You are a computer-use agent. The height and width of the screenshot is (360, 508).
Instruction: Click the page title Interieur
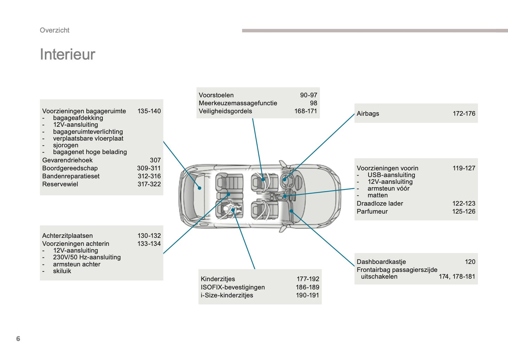point(67,54)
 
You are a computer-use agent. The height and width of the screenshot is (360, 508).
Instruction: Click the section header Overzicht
point(54,30)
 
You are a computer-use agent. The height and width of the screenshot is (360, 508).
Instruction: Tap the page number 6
point(18,339)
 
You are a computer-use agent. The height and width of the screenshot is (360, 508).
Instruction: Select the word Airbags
point(368,113)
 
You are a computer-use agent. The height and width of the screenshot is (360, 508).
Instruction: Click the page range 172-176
point(464,113)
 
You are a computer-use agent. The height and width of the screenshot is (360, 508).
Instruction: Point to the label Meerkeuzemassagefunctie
point(238,103)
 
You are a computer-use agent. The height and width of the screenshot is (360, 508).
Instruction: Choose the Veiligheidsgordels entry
point(225,111)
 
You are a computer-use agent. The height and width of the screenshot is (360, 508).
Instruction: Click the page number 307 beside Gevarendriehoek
point(155,160)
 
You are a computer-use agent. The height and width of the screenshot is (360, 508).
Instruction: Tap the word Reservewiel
point(60,184)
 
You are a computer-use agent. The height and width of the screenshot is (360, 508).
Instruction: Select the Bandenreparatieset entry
point(71,176)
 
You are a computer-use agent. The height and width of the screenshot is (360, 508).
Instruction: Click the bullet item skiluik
point(62,271)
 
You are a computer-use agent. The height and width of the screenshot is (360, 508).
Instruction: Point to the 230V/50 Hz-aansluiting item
point(87,257)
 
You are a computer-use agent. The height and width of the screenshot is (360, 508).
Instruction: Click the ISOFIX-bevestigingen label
point(233,287)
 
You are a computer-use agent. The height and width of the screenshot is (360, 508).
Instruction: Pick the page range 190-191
point(307,295)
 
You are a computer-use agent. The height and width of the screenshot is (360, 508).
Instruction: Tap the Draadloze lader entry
point(380,203)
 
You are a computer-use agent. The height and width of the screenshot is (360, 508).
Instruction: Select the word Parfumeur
point(372,211)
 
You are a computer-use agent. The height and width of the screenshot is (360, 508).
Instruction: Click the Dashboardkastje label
point(381,262)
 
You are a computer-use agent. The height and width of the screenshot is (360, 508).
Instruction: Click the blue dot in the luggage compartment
point(199,188)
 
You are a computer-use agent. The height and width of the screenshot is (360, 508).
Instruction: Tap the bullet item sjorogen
point(65,145)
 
